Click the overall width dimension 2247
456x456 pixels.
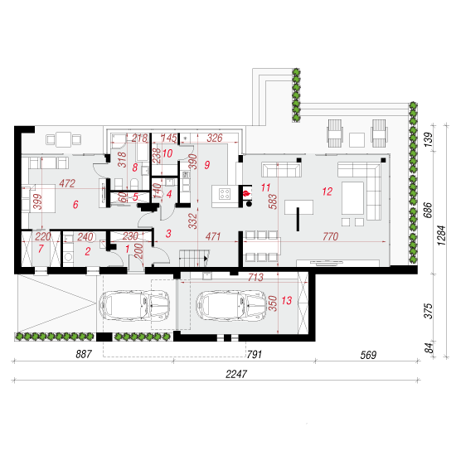pos(236,374)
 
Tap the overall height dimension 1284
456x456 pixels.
pos(441,235)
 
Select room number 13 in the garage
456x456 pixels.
pos(287,300)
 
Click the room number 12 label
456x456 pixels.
pos(327,192)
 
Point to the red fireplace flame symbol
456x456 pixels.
pos(246,193)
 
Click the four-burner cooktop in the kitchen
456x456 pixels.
pos(225,194)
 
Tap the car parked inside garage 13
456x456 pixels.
pos(231,306)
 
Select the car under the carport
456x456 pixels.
pos(134,306)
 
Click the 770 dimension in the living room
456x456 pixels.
pos(330,236)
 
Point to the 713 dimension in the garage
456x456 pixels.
pos(255,277)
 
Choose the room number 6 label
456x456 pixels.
pos(75,205)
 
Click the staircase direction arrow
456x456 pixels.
pos(206,258)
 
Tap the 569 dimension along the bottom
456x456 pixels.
pos(368,355)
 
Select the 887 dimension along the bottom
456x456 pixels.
pos(84,354)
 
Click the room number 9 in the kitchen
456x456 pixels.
pos(207,165)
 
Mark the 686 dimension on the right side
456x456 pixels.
pos(428,210)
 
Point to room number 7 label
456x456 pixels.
pos(41,249)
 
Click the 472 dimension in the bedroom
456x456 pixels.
pos(67,183)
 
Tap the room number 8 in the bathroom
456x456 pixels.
pos(135,167)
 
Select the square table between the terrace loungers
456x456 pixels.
pos(357,140)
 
